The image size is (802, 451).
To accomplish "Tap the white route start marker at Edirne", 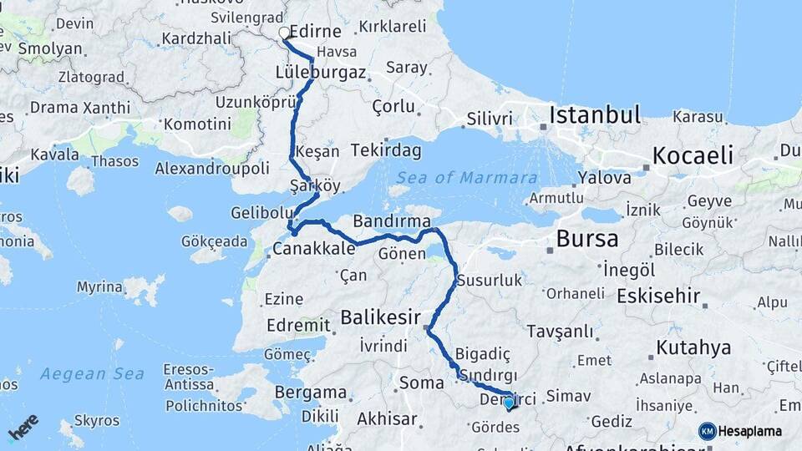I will pyautogui.click(x=284, y=33).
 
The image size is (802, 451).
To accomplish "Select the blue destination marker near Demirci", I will pyautogui.click(x=509, y=403).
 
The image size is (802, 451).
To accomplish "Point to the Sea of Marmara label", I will pyautogui.click(x=466, y=178).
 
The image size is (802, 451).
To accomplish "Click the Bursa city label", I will pyautogui.click(x=587, y=239).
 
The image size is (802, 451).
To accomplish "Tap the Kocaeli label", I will pyautogui.click(x=693, y=155).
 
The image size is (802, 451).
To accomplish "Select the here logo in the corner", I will pyautogui.click(x=23, y=427).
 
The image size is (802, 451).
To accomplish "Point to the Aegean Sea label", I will pyautogui.click(x=92, y=373).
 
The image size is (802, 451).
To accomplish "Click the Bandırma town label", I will pyautogui.click(x=391, y=221).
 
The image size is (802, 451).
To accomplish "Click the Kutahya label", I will pyautogui.click(x=693, y=347).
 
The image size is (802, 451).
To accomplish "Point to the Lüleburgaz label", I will pyautogui.click(x=321, y=73).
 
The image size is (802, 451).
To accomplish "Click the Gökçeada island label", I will pyautogui.click(x=215, y=241).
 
